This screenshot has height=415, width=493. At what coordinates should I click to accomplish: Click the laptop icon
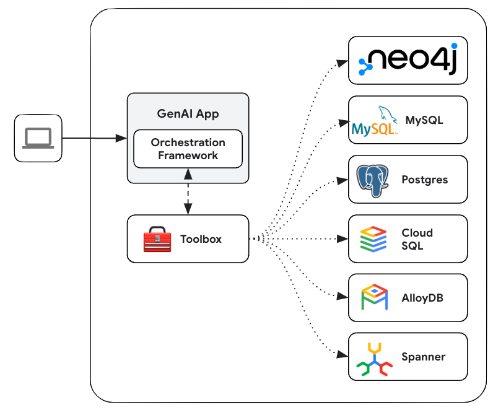38,138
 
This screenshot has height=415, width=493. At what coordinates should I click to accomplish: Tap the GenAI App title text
188,114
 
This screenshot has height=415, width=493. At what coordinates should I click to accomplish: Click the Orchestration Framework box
188,149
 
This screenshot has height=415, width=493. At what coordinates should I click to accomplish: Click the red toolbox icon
157,239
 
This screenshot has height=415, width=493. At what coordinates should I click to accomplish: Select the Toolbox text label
201,239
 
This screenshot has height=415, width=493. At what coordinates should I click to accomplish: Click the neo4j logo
408,61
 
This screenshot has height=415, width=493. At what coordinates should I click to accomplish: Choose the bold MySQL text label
424,120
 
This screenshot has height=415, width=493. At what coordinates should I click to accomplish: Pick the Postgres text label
424,180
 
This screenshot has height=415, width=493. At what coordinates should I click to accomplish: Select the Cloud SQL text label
417,239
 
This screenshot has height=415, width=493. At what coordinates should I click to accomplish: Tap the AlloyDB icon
374,298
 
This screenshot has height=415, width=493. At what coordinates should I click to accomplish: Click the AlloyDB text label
422,298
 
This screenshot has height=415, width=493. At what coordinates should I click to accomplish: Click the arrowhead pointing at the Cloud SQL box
341,238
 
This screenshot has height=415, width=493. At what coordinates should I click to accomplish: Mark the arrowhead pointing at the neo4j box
341,62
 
